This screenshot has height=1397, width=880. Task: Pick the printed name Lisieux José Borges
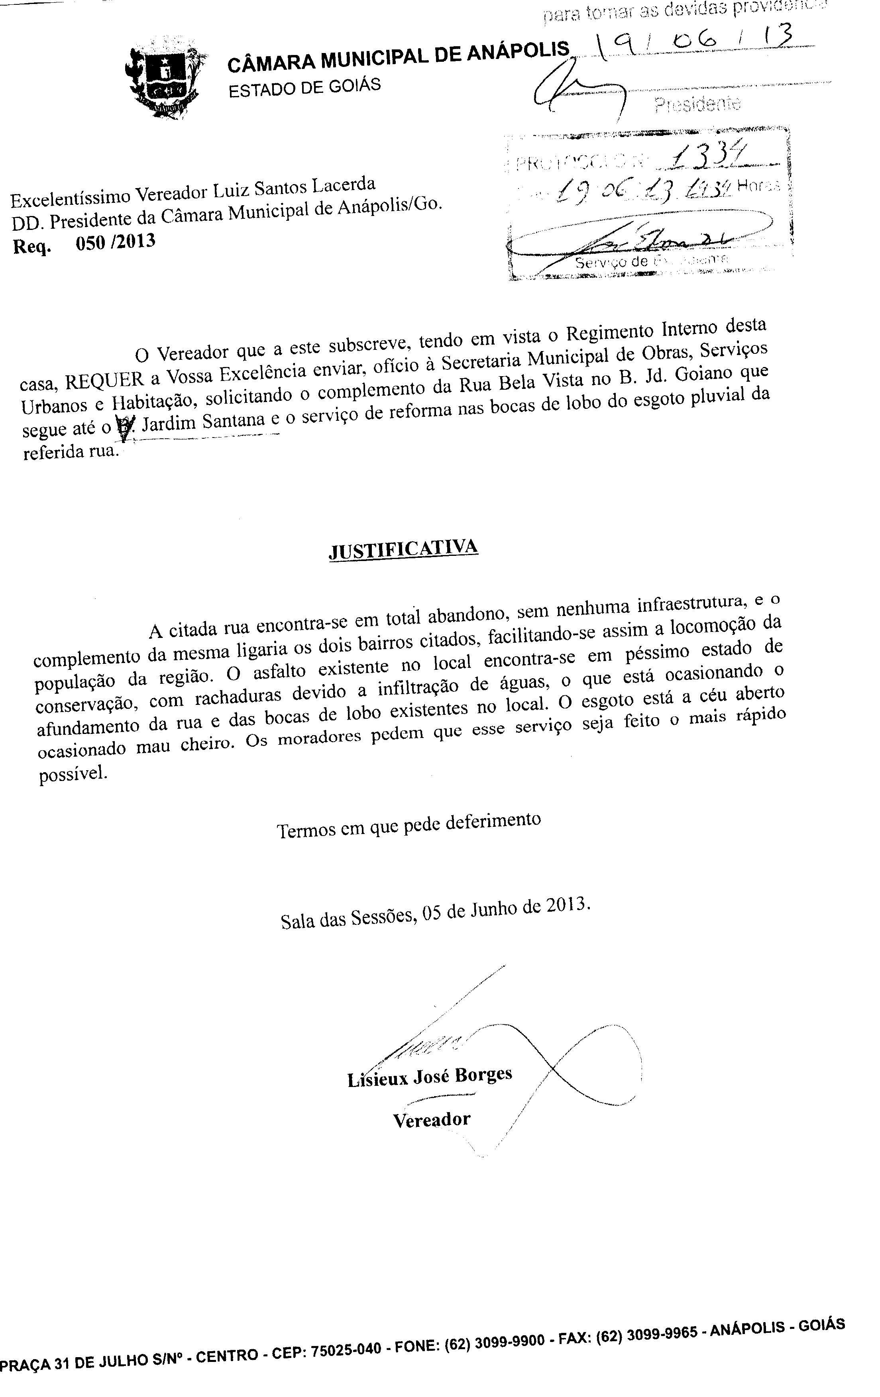click(429, 1077)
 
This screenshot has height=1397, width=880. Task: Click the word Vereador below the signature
click(432, 1120)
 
